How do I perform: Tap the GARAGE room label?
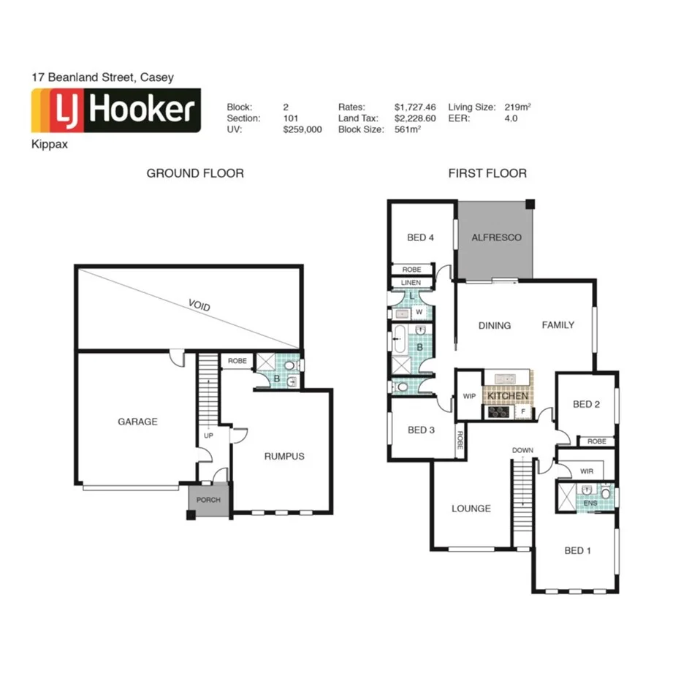(x=137, y=422)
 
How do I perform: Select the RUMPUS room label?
(x=284, y=456)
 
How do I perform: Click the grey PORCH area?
(x=209, y=501)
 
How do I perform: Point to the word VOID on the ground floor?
(x=199, y=305)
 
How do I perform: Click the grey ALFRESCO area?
(x=496, y=237)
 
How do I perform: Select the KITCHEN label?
(x=507, y=395)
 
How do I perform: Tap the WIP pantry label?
(x=469, y=397)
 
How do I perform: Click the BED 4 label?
(x=421, y=237)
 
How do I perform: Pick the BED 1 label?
(x=577, y=550)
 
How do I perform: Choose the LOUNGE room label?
(x=471, y=509)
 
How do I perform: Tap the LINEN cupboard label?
(x=410, y=283)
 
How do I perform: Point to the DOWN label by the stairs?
(x=522, y=449)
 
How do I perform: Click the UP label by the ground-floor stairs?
(x=208, y=435)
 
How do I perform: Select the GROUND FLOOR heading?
(x=195, y=173)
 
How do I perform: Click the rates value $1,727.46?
(x=414, y=107)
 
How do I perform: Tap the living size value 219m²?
(x=517, y=107)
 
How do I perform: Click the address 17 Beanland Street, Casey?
(x=102, y=77)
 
